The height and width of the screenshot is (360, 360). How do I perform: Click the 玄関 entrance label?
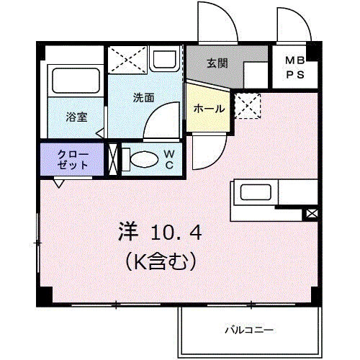click(x=217, y=63)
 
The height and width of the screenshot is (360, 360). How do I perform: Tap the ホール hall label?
click(x=209, y=109)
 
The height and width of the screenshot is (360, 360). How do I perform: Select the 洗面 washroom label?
click(x=143, y=98)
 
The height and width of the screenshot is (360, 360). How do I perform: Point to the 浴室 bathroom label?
click(x=76, y=117)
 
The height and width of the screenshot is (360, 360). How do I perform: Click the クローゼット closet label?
click(x=73, y=160)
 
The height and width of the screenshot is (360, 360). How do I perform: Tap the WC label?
click(x=169, y=159)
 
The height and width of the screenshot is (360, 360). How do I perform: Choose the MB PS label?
click(x=295, y=68)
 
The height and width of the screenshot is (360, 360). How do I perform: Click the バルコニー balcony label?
click(x=249, y=330)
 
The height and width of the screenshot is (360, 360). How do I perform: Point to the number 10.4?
click(x=176, y=233)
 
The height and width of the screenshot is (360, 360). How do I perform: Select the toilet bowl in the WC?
click(x=144, y=159)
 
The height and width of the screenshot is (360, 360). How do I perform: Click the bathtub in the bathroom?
click(x=76, y=81)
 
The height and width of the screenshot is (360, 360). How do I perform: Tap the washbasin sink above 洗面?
click(x=164, y=59)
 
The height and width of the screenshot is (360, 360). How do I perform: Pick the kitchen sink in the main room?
click(x=256, y=192)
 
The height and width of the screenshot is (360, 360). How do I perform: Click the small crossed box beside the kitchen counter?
click(x=312, y=213)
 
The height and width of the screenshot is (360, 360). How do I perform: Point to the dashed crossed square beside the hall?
click(x=248, y=106)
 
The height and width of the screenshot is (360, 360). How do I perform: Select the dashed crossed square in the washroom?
click(x=127, y=60)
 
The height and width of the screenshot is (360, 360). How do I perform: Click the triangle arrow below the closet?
click(x=59, y=184)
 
